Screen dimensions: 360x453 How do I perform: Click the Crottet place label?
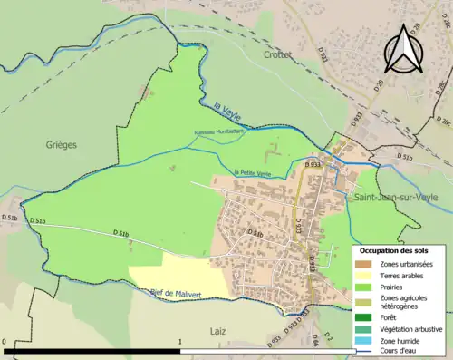coord(277,54)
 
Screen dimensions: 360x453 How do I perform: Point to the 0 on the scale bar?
coord(5,343)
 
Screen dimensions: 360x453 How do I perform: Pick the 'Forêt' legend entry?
coord(392,317)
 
